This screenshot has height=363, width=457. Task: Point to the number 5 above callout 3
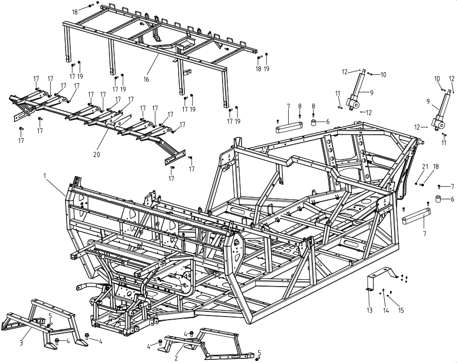tap(50, 315)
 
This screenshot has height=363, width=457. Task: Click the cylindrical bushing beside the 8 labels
tap(313, 124)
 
